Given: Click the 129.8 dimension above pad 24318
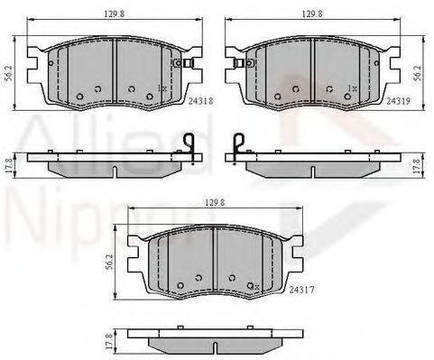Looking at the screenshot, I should coord(114,12).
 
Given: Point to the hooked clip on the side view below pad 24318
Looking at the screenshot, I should coord(189,148).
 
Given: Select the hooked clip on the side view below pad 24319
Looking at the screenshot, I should coord(236,148).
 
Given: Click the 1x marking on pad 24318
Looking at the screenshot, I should coord(162,88).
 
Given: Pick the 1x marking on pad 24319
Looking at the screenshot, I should coord(351,88).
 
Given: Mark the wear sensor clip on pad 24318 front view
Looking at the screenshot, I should coord(187,63).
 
